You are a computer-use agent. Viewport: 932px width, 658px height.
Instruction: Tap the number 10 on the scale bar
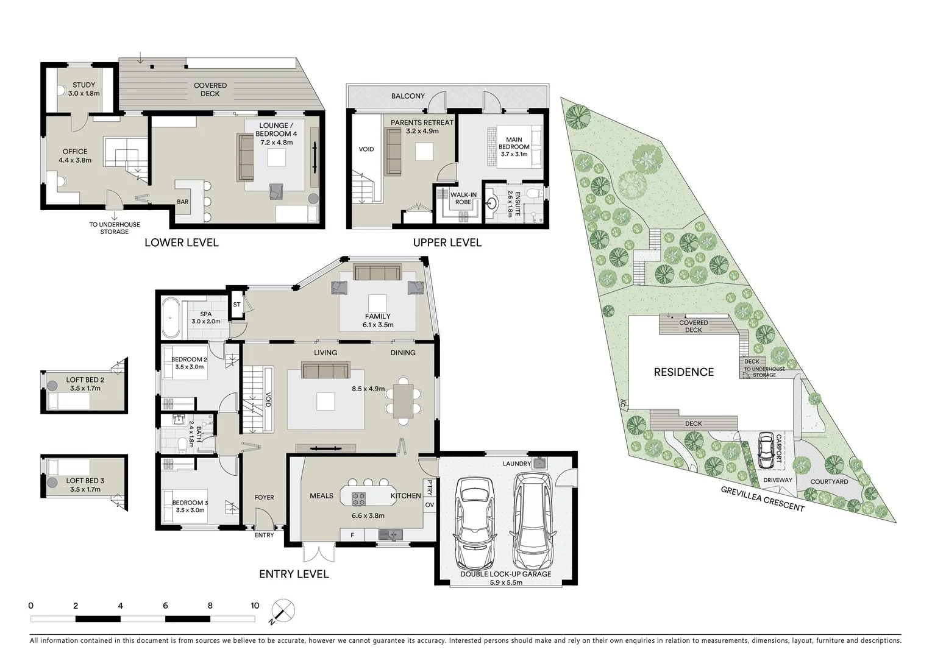[255, 606]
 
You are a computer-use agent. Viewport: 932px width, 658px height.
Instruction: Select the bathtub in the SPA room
[171, 317]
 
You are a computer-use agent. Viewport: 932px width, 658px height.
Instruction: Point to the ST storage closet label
[237, 305]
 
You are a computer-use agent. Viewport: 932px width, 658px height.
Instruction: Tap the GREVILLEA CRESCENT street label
[762, 499]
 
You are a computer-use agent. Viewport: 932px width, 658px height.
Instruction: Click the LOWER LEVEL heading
[181, 242]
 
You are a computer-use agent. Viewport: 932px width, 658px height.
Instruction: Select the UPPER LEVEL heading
[447, 242]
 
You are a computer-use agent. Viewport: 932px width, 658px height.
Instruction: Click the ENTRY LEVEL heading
[294, 574]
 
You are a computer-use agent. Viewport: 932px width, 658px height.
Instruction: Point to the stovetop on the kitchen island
[358, 498]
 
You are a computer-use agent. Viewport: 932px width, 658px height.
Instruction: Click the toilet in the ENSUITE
[533, 193]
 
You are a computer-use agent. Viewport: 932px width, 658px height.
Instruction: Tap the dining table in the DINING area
[402, 401]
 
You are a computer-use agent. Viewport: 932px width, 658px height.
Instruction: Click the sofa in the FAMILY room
[377, 272]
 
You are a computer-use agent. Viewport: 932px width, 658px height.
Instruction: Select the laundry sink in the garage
[538, 463]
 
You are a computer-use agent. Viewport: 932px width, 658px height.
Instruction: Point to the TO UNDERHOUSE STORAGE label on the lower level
[115, 228]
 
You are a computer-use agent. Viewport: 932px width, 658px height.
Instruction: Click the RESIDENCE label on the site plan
[683, 372]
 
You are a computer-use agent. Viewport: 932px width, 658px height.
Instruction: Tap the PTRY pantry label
[429, 487]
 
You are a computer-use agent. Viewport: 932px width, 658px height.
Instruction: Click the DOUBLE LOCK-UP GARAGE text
[505, 574]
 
